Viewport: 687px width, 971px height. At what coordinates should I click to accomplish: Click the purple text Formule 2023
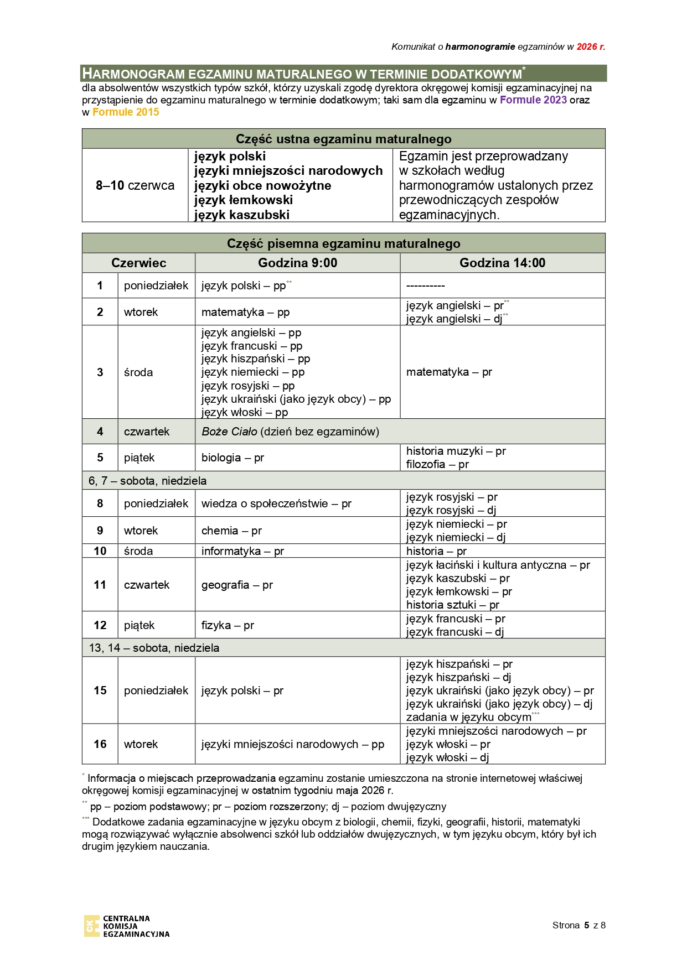pos(533,100)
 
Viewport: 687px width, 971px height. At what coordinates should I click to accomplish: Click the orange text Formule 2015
pos(126,112)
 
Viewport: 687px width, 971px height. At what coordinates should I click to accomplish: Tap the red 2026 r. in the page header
pos(591,47)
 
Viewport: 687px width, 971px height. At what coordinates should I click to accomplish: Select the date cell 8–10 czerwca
pos(135,185)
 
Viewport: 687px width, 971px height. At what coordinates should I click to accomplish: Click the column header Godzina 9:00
pos(297,263)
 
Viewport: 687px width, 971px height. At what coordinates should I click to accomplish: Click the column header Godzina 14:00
pos(502,263)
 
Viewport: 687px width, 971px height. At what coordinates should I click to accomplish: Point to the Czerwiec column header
pos(138,263)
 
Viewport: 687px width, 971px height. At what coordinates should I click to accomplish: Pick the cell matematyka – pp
pos(245,312)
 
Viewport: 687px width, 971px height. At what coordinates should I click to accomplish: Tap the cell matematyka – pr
pos(449,372)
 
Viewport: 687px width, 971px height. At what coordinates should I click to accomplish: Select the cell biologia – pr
pos(233,458)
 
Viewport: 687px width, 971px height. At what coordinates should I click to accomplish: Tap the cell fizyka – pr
pos(228,625)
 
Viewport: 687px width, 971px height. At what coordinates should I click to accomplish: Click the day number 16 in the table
pos(100,744)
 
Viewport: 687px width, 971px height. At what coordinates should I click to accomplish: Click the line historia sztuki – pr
pos(452,605)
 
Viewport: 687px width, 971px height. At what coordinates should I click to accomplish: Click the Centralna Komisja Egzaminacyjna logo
pos(127,926)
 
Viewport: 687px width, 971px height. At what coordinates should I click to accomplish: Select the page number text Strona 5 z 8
pos(578,925)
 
